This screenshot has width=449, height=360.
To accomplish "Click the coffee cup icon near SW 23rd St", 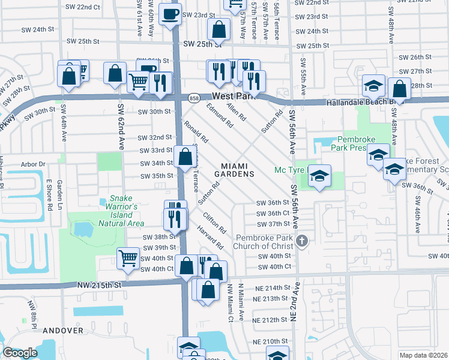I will (x=170, y=13).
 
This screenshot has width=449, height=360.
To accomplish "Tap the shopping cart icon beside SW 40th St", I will (x=128, y=259).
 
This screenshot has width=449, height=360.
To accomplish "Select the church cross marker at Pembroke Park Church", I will (x=302, y=241).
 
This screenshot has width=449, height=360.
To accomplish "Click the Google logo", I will (x=20, y=353).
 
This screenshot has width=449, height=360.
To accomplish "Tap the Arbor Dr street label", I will (x=33, y=164).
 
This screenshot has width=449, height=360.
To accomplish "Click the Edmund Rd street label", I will (x=219, y=115).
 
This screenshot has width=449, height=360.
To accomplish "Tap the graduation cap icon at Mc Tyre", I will (x=320, y=175).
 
